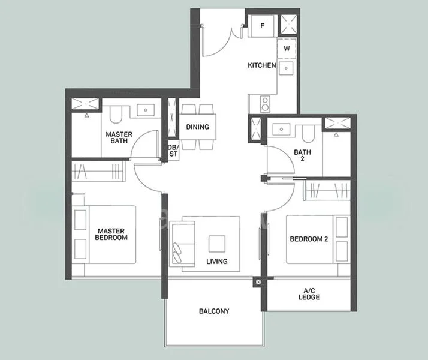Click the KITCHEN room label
tap(262, 65)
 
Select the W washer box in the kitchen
tap(287, 48)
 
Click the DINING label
tap(197, 127)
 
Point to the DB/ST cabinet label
tap(173, 151)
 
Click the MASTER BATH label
tap(119, 138)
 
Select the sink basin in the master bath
tap(146, 110)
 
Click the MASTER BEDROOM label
tap(111, 233)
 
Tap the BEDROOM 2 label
tap(309, 239)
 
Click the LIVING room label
tap(216, 262)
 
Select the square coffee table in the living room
tap(216, 243)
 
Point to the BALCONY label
tap(214, 311)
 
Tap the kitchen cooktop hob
tap(264, 104)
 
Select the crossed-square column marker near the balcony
tap(258, 281)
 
